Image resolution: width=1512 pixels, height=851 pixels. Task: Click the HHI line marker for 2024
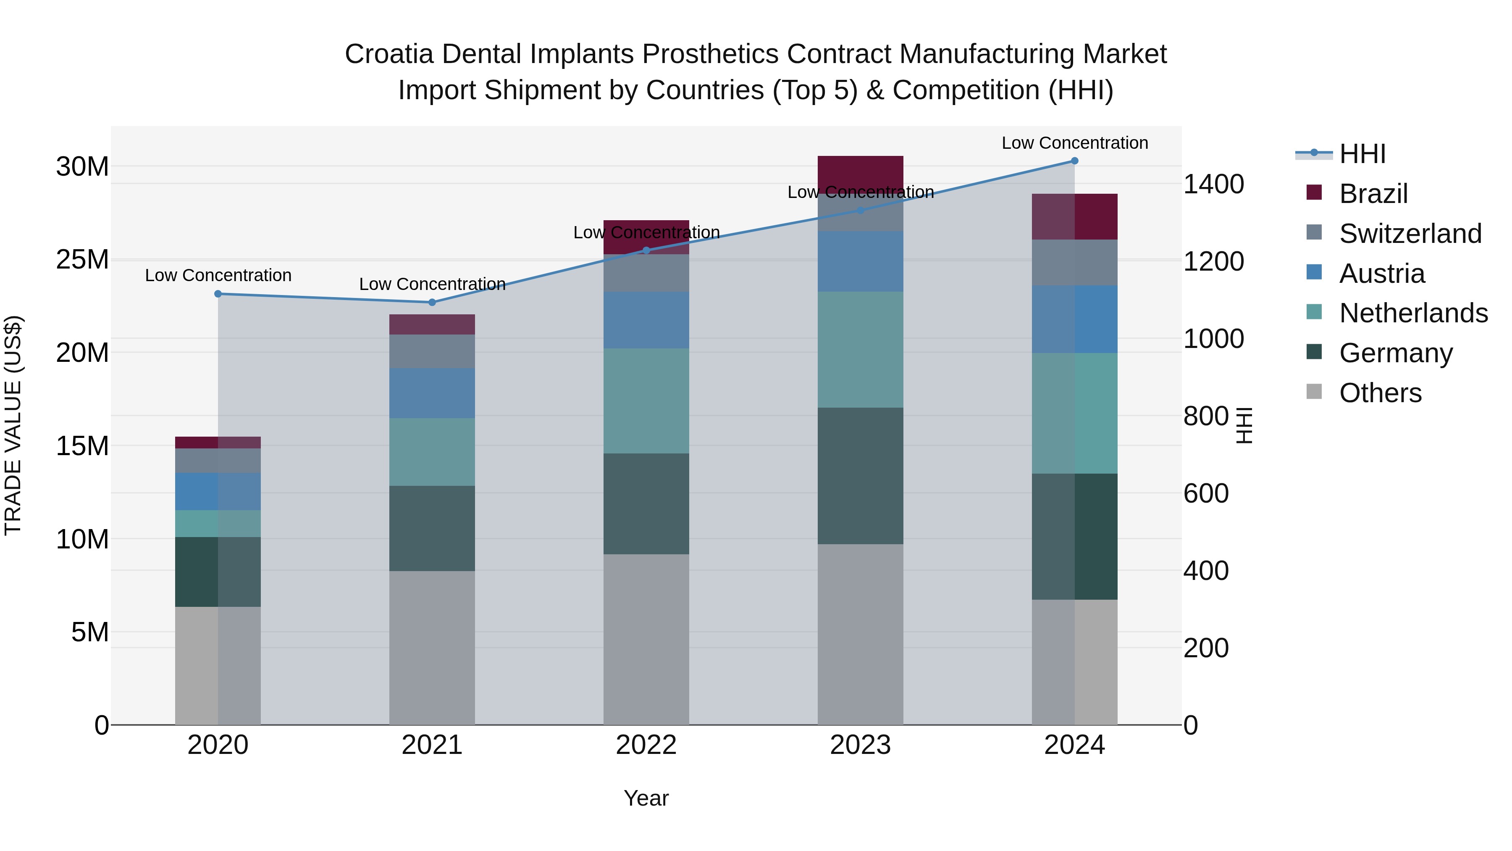(1075, 161)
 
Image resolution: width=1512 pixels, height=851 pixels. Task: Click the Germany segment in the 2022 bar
(646, 503)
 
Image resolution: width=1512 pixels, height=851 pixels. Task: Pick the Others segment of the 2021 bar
(432, 647)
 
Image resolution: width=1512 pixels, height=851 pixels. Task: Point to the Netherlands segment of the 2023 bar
(861, 350)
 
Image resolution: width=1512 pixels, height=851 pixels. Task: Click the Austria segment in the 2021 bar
(432, 393)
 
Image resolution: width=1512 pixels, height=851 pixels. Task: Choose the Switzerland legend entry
(1410, 234)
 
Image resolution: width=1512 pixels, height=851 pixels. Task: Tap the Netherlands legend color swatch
(1314, 312)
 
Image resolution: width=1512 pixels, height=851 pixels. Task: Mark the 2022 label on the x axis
(646, 745)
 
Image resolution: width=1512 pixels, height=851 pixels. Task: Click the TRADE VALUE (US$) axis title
(13, 425)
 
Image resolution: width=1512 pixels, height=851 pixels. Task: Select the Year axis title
(646, 798)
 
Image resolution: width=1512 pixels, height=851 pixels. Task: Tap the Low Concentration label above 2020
(218, 275)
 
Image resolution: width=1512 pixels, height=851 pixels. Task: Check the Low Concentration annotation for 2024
(1075, 143)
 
